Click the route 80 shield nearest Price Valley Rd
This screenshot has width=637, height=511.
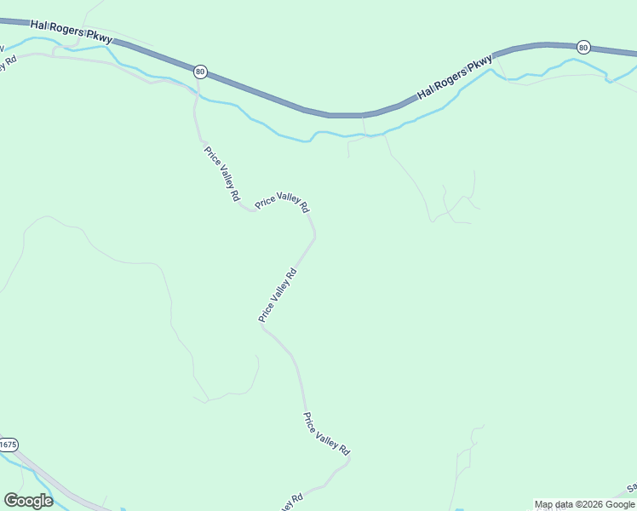coord(199,72)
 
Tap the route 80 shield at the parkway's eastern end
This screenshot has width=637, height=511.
coord(582,47)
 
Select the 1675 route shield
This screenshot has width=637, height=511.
coord(8,445)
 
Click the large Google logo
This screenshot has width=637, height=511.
coord(28,501)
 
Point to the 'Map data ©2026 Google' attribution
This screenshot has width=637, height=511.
coord(585,504)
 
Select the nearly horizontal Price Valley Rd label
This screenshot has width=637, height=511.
coord(282,202)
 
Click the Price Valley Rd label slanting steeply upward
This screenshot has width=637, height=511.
coord(278,296)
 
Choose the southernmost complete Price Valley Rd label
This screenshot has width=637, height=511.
coord(327,433)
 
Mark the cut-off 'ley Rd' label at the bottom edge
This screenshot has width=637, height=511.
coord(289,503)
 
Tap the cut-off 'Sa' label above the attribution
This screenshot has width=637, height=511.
coord(632,488)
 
